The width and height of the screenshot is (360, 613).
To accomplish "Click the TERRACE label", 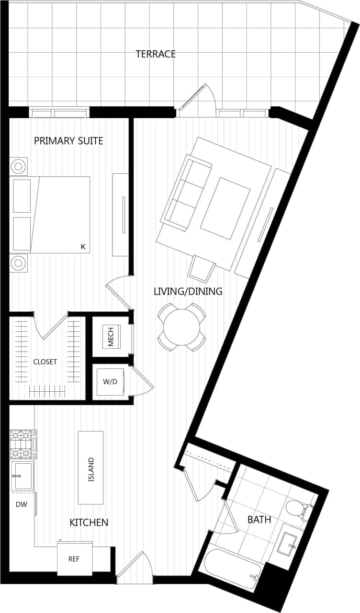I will [156, 54].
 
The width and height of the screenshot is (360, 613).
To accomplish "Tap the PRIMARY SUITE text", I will [68, 141].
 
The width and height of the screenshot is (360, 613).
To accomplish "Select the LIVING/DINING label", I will [188, 291].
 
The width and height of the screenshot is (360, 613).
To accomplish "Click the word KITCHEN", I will [89, 522].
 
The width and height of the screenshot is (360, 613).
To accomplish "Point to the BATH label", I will [259, 520].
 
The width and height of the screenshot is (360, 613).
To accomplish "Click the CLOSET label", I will [45, 362].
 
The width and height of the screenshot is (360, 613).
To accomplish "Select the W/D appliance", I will [110, 382].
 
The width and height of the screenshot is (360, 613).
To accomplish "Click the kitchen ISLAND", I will [91, 467].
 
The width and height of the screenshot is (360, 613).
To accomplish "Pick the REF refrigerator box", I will [74, 559].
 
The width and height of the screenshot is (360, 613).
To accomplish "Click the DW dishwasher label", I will [21, 504].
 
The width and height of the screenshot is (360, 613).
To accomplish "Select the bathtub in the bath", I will [232, 568].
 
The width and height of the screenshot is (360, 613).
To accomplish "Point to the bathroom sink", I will [289, 544].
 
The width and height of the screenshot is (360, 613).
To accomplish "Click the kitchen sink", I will [22, 476].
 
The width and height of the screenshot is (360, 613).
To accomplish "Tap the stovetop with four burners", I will [22, 444].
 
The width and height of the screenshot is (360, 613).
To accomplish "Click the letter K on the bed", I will [82, 247].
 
